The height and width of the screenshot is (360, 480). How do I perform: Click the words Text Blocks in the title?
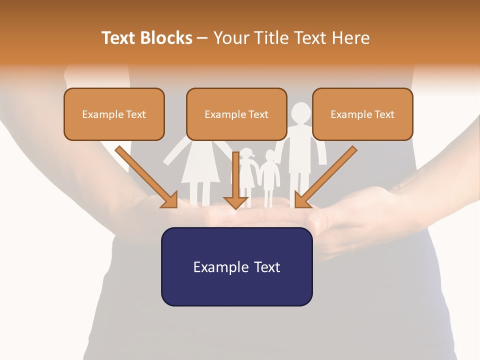coord(147,38)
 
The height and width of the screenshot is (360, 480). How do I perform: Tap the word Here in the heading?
coord(350,38)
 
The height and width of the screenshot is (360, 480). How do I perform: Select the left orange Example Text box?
coord(114,114)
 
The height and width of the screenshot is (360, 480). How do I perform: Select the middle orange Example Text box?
coord(236,114)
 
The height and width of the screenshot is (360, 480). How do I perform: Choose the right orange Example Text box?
coord(362,114)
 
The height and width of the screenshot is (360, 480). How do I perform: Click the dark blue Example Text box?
coord(236,266)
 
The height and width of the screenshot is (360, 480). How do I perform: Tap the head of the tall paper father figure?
coord(301,112)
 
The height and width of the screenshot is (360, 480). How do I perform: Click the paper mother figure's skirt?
coord(201,170)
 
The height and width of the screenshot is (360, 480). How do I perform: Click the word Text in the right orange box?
coord(384,114)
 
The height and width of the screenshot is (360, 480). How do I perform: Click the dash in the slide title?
coord(202,38)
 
